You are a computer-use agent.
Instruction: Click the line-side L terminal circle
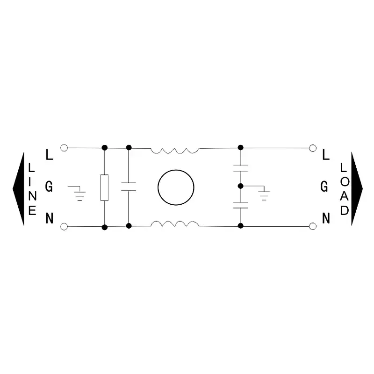point(64,148)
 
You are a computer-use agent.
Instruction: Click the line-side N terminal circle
point(64,227)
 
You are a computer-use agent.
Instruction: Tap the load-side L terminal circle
point(313,148)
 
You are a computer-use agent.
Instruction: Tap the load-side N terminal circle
point(313,226)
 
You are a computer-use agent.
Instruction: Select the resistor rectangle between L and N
point(104,187)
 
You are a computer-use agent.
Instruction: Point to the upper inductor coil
point(175,151)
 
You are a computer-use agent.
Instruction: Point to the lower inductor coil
point(175,224)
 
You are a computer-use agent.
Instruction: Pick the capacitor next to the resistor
point(129,187)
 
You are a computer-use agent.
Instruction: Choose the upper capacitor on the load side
point(240,168)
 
